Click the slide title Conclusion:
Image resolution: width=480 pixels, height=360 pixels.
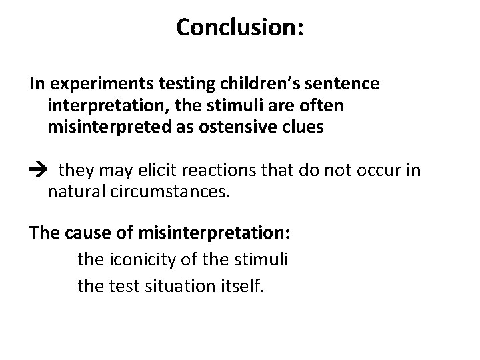coord(240,27)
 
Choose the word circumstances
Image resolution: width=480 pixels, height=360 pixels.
coord(169,193)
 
